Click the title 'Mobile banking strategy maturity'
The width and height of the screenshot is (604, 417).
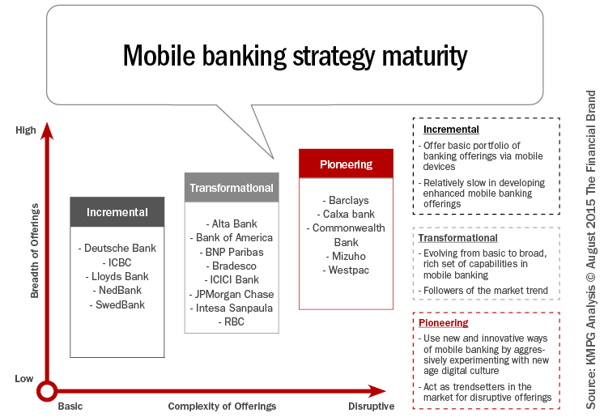click(295, 56)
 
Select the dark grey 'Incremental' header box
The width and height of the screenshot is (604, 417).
click(117, 212)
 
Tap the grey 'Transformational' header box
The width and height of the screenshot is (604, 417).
click(231, 188)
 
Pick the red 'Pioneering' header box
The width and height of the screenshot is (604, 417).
click(346, 164)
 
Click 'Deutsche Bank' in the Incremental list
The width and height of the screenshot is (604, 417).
click(117, 249)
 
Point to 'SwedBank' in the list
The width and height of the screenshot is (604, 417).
click(117, 304)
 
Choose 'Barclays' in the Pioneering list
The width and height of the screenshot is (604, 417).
click(346, 200)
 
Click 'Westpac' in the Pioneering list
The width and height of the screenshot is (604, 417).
click(346, 270)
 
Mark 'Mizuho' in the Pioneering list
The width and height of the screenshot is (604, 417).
click(346, 256)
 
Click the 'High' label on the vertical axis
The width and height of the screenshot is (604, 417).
click(26, 130)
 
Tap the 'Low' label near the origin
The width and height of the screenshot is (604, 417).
click(24, 378)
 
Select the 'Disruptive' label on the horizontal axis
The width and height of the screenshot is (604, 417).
click(372, 406)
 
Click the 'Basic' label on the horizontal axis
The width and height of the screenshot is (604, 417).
click(70, 406)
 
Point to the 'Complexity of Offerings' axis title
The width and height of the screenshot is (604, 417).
click(222, 406)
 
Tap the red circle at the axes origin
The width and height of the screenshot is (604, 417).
click(48, 391)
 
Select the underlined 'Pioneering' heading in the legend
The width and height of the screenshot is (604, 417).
click(444, 323)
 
